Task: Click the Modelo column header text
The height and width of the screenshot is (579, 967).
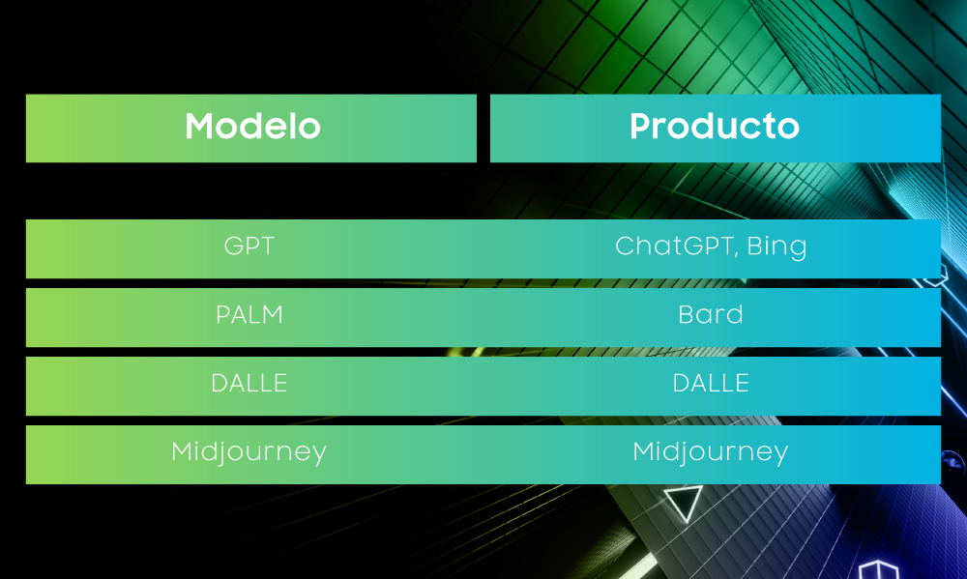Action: coord(252,127)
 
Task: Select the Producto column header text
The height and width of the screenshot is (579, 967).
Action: coord(715,127)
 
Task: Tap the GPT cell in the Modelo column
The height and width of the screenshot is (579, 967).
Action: coord(249,246)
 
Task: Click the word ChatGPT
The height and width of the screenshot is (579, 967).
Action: coord(673,246)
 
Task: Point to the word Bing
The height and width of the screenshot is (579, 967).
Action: coord(777,247)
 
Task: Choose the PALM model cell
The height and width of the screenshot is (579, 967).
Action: coord(249,315)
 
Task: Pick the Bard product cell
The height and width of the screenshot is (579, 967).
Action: coord(711,314)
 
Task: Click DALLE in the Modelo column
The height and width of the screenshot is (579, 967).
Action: coord(249,384)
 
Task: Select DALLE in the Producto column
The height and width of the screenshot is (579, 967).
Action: coord(711,384)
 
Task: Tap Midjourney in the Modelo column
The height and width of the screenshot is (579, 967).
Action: coord(249,452)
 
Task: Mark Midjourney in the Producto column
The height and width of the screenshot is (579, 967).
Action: coord(711,452)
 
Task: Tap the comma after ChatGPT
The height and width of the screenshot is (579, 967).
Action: coord(736,254)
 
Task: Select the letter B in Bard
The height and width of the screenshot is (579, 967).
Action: coord(687,315)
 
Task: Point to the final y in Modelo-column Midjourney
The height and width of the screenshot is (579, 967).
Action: coord(319,457)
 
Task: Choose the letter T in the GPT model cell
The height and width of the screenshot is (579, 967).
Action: coord(266,246)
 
